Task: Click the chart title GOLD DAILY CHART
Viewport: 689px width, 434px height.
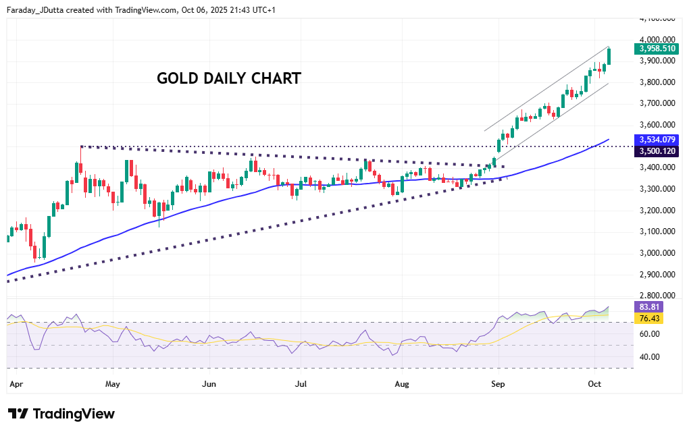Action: point(229,78)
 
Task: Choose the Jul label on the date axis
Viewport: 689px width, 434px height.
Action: point(301,384)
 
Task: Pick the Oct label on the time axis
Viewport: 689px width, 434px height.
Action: point(594,384)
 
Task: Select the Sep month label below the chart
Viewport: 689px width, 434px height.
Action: point(499,384)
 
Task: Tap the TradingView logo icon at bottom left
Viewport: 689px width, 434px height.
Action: point(18,414)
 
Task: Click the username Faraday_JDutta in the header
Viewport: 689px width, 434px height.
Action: point(39,10)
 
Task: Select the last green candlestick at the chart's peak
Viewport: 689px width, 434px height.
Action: point(609,56)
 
